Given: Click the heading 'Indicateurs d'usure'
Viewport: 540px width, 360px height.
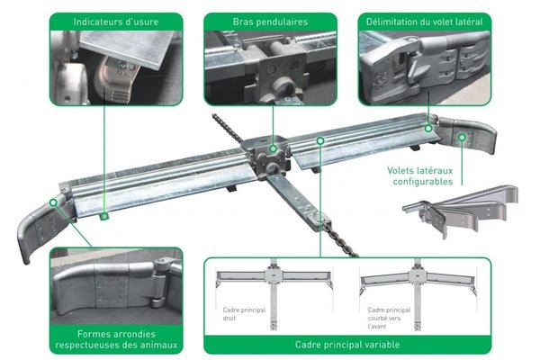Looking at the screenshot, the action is coord(116,22).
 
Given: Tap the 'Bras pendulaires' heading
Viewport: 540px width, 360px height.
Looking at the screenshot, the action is coord(270,22).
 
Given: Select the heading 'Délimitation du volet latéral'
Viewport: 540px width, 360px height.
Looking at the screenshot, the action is coord(425,22).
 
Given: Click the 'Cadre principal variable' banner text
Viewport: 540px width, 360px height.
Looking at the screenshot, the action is coord(347,345).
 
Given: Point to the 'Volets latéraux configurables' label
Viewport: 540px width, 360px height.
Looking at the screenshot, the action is coord(420,176).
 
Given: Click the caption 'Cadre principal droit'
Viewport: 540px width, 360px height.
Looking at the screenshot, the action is coord(244,314).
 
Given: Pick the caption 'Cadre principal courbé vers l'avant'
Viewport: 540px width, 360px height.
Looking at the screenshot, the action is coord(389,318).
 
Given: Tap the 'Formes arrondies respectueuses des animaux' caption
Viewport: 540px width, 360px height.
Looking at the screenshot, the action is coord(116,339).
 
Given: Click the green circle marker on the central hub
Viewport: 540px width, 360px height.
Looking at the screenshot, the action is coord(273,148).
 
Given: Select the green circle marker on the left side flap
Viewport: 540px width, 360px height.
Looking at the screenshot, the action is coord(53,202).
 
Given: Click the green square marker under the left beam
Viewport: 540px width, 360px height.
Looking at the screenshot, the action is coord(104,216).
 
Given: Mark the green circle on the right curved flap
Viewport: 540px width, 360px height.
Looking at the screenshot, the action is coord(463,138).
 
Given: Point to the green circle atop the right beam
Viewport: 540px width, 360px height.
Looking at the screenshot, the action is coord(320,140).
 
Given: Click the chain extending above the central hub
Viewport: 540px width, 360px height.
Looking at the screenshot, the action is coord(228,128).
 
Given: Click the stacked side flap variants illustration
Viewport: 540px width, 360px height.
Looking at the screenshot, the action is coord(461,210).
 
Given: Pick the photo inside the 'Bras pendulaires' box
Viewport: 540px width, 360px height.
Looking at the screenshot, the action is coord(270,67).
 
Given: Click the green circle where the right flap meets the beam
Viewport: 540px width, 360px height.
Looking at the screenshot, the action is coord(428,129).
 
